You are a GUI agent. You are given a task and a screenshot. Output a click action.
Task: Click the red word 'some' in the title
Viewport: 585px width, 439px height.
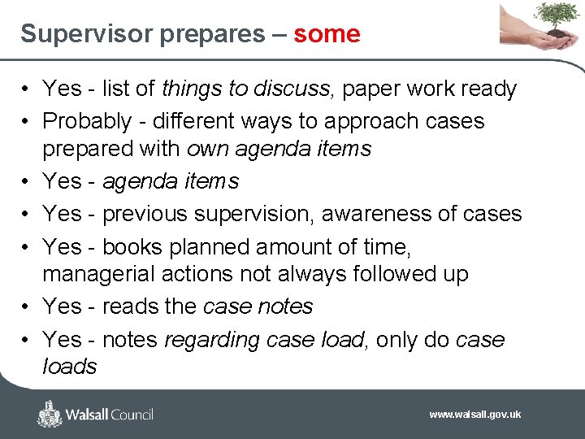pos(327,34)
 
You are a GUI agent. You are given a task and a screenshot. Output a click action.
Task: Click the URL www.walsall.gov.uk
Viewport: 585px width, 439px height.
pos(475,415)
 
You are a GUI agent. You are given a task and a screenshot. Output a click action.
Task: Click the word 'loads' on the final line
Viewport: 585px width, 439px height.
pos(70,367)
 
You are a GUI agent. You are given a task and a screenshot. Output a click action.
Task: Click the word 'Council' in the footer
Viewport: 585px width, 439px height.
pos(126,415)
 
